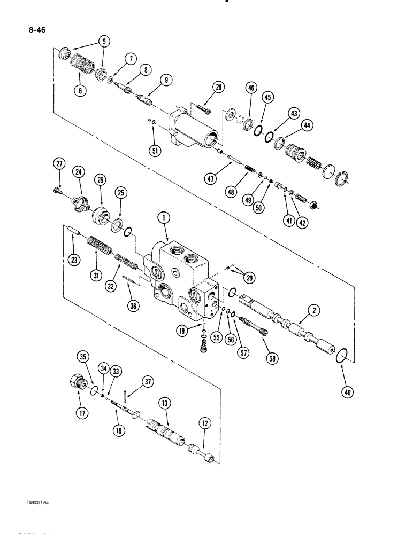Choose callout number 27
pos(59,165)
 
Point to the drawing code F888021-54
pos(42,502)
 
